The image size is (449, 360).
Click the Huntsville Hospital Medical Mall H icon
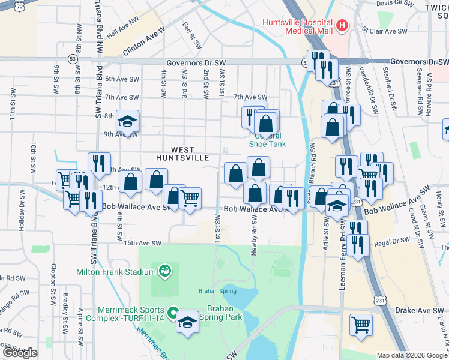pos(342,25)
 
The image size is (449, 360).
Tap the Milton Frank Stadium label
pos(116,271)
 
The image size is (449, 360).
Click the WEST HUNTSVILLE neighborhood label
pos(182,154)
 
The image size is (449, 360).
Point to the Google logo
pos(20,353)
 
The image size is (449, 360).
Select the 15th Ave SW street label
pos(143,244)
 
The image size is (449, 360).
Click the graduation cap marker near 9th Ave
pos(127,122)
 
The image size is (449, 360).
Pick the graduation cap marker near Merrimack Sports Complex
pos(187,322)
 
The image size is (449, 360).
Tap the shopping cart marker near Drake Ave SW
pos(361,325)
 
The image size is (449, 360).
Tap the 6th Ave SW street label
pos(122,79)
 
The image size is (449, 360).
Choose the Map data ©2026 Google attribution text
pos(412,355)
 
